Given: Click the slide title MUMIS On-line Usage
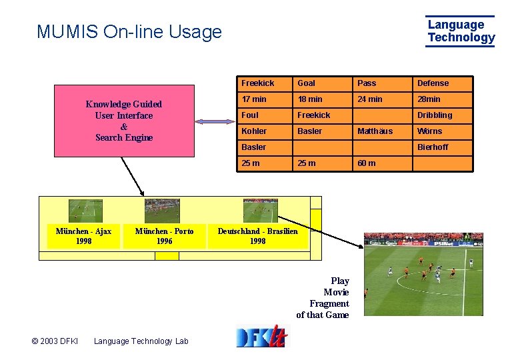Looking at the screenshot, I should click(x=129, y=31).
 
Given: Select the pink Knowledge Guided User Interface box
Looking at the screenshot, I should click(x=124, y=121).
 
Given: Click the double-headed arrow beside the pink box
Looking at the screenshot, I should click(x=214, y=121).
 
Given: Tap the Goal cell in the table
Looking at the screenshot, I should click(x=307, y=83).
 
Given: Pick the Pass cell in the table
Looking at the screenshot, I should click(x=367, y=83).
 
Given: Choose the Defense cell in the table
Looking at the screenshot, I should click(x=433, y=83).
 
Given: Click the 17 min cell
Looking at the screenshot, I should click(x=254, y=99).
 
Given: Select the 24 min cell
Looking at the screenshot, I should click(x=370, y=99).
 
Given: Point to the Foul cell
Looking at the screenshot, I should click(x=250, y=115).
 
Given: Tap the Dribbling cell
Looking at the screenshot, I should click(x=435, y=115).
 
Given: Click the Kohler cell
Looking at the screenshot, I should click(x=254, y=131).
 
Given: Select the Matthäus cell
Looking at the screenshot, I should click(x=375, y=131).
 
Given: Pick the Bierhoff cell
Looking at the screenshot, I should click(x=433, y=147).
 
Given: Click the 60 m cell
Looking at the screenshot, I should click(x=367, y=163).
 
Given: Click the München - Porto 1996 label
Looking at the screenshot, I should click(x=164, y=236).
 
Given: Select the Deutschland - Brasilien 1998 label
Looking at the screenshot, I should click(x=257, y=236).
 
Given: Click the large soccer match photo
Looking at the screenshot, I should click(x=423, y=273).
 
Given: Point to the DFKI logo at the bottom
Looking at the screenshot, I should click(x=261, y=336).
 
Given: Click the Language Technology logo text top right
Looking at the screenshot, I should click(x=461, y=31).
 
